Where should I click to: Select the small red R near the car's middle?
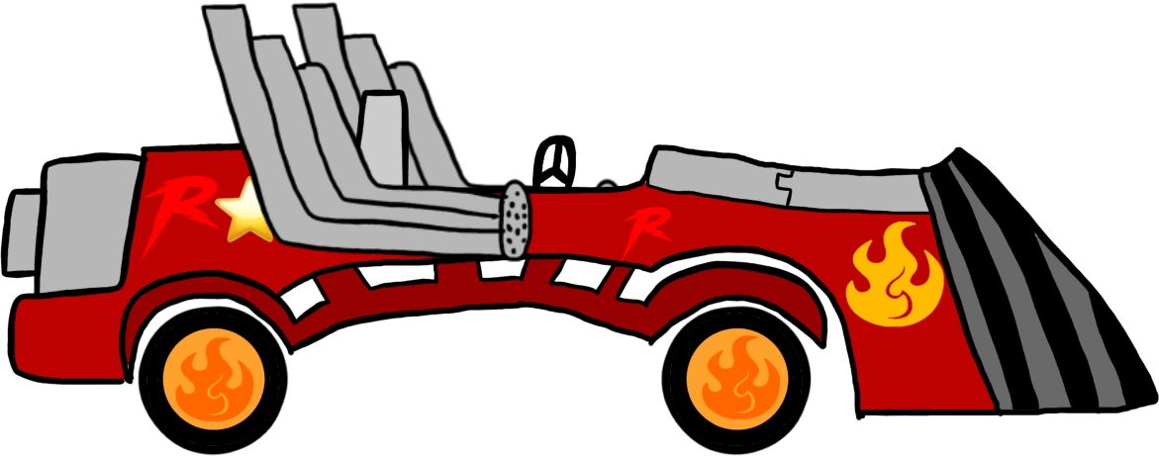643,231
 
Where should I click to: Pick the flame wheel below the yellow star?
214,377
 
